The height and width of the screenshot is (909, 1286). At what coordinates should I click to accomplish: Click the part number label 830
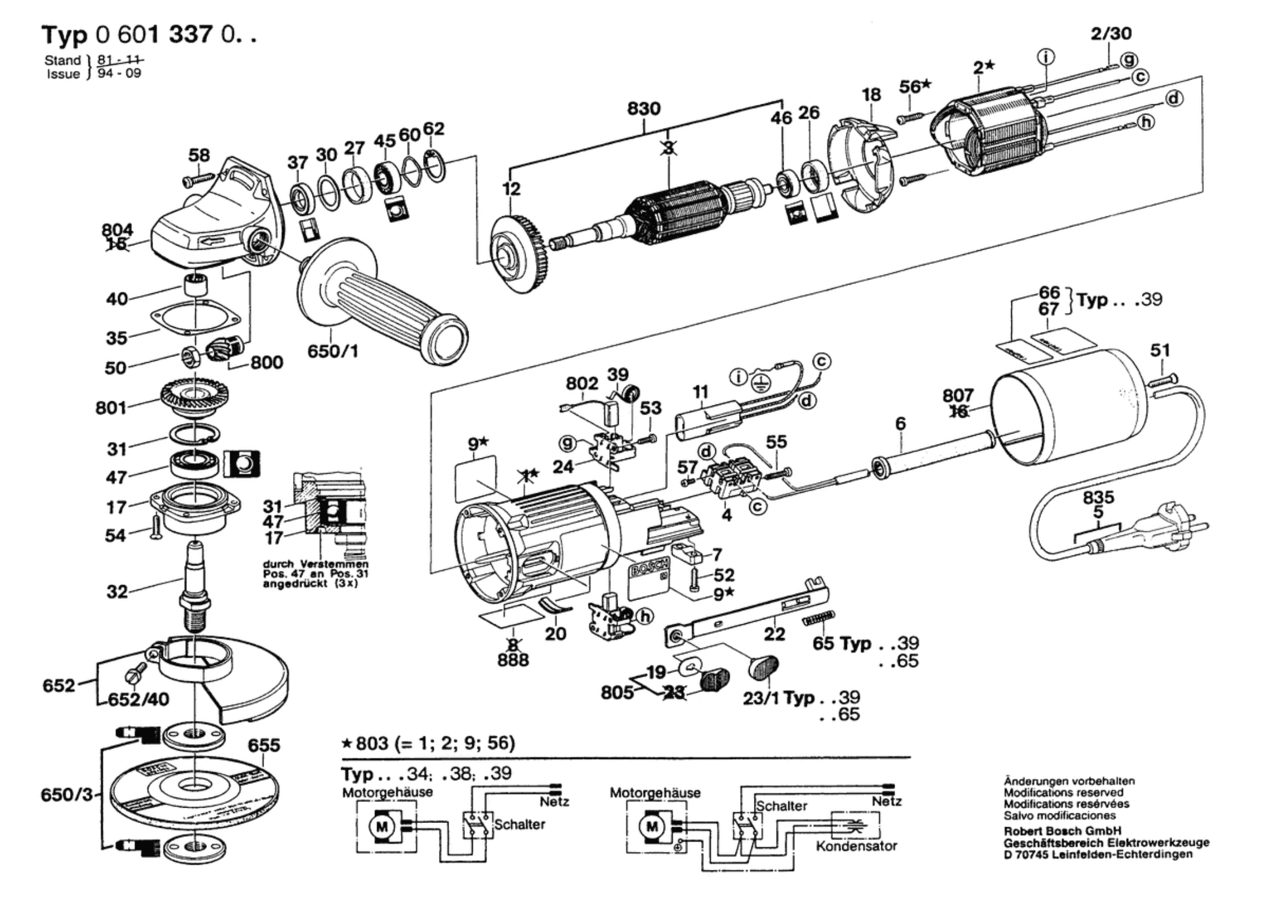pyautogui.click(x=644, y=109)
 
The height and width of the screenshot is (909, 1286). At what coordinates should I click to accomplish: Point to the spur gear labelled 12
pyautogui.click(x=514, y=254)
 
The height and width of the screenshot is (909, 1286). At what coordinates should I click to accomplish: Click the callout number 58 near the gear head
pyautogui.click(x=199, y=155)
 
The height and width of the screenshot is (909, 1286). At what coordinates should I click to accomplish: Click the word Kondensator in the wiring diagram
pyautogui.click(x=856, y=846)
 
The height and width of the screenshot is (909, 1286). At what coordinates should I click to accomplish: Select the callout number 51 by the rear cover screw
pyautogui.click(x=1160, y=350)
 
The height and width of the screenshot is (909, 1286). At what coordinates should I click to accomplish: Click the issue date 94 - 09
pyautogui.click(x=119, y=74)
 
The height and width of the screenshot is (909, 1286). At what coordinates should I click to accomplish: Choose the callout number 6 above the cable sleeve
pyautogui.click(x=900, y=423)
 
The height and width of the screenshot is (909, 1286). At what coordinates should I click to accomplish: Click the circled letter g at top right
pyautogui.click(x=1129, y=59)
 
